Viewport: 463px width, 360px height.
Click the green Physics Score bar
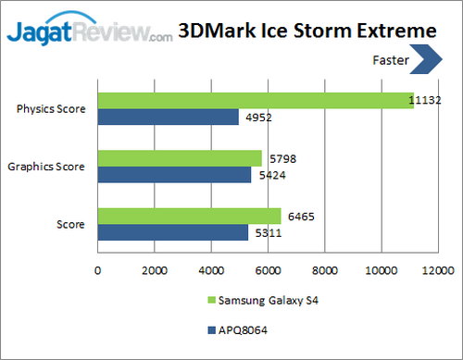256,100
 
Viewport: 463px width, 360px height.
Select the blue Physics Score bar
169,117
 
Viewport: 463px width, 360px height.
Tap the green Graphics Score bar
180,158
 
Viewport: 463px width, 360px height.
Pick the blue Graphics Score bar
174,175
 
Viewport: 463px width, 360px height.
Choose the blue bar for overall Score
172,232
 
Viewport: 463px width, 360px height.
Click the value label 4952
256,118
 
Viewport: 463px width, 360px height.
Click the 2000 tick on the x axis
155,271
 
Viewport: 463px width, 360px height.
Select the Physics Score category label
52,109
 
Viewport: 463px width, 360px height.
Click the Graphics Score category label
46,168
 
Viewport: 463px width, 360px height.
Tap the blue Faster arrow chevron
427,61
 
